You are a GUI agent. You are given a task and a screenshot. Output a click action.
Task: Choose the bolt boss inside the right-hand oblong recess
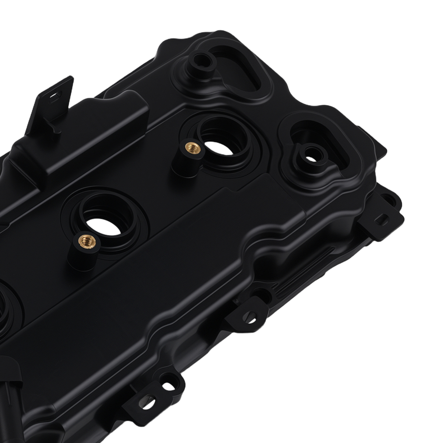point(311,155)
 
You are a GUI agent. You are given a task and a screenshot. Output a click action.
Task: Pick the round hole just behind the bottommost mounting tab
point(168,385)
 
